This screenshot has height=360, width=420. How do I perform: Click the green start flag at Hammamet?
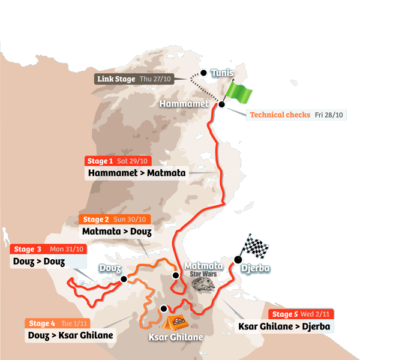[238, 93]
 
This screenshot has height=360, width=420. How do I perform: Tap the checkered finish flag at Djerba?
[255, 247]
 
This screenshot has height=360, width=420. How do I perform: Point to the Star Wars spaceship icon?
[206, 285]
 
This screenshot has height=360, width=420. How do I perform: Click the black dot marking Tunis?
[203, 73]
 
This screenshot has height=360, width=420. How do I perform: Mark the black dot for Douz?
[124, 279]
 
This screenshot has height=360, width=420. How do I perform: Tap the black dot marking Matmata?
[176, 275]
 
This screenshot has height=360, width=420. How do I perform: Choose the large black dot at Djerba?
[238, 260]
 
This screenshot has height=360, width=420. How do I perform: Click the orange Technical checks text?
[280, 115]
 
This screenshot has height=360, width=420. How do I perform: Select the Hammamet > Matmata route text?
[137, 173]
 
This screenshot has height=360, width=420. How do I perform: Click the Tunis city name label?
[222, 73]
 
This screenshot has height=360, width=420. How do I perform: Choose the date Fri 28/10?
[330, 115]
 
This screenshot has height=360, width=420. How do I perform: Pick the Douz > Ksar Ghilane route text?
[71, 335]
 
